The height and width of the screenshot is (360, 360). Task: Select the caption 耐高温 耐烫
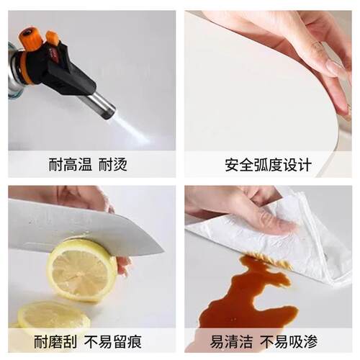[88, 165]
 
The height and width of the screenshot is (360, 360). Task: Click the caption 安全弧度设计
[269, 165]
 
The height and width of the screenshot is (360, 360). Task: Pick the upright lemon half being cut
[81, 270]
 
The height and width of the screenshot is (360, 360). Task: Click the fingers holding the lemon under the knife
[124, 265]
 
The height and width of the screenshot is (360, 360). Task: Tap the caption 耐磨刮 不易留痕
[88, 342]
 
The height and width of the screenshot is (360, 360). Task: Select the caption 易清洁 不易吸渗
[264, 342]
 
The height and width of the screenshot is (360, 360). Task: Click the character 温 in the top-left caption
[84, 165]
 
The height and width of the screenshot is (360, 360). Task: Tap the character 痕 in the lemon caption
[135, 342]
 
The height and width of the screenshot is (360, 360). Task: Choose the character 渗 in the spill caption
[310, 342]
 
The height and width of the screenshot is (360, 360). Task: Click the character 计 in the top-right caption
[305, 165]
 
